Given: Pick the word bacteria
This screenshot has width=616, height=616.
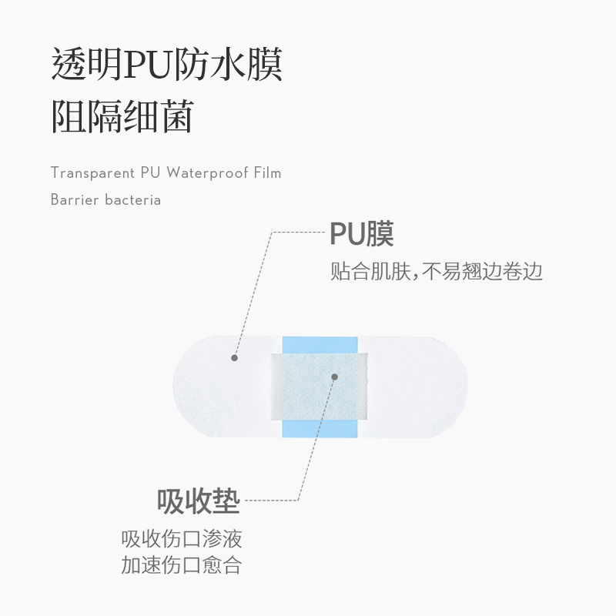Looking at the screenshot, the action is [x=133, y=199].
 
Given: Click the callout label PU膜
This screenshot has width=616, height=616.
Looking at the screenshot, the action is [x=361, y=234].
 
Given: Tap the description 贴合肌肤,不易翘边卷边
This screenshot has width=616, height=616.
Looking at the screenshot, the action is [x=437, y=272].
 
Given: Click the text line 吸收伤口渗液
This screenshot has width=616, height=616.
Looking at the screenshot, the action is [x=182, y=538].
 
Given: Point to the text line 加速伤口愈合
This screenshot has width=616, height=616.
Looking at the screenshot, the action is [x=182, y=566].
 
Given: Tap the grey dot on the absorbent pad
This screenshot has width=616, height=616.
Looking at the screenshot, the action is [x=334, y=377].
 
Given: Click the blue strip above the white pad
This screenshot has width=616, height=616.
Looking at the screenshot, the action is [x=320, y=343].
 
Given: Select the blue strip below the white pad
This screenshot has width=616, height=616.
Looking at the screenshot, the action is [x=320, y=428].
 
